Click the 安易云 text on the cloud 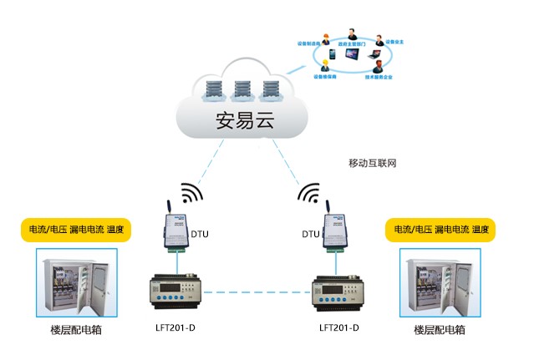click(245, 119)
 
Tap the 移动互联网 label click(372, 162)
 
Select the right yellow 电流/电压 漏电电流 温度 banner click(439, 230)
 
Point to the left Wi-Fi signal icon click(191, 194)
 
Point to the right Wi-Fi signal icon click(310, 194)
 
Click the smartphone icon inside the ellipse click(332, 55)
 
